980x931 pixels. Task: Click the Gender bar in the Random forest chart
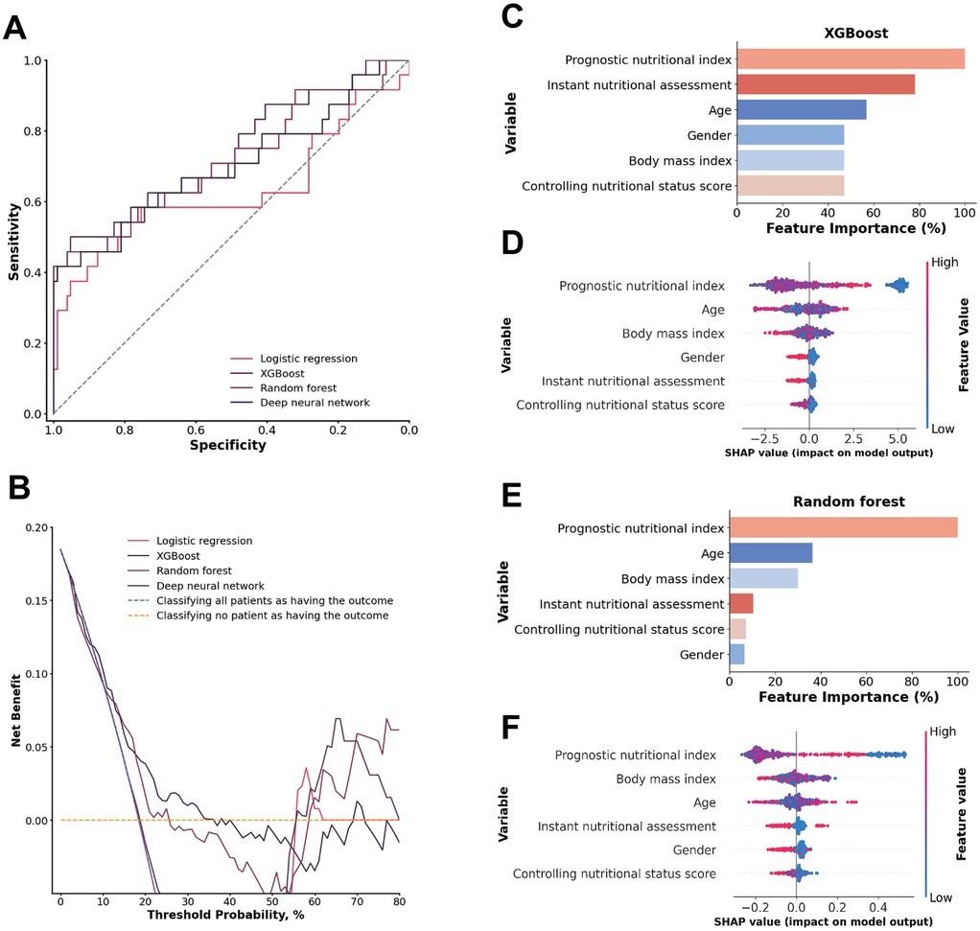click(x=736, y=654)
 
